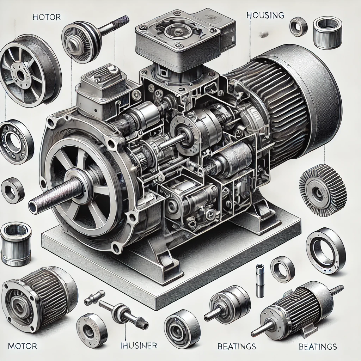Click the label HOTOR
[x=47, y=17]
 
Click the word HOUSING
[x=265, y=15]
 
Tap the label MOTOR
[x=22, y=346]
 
